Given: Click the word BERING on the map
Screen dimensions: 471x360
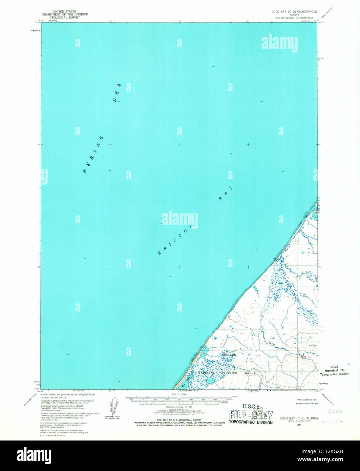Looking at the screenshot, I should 93,155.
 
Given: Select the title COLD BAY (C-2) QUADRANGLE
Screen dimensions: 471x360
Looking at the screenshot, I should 294,12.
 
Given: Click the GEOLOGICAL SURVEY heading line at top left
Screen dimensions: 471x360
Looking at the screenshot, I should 64,17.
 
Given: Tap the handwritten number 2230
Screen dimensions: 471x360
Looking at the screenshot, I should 335,411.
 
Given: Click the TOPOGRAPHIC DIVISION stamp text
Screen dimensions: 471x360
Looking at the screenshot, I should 251,422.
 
